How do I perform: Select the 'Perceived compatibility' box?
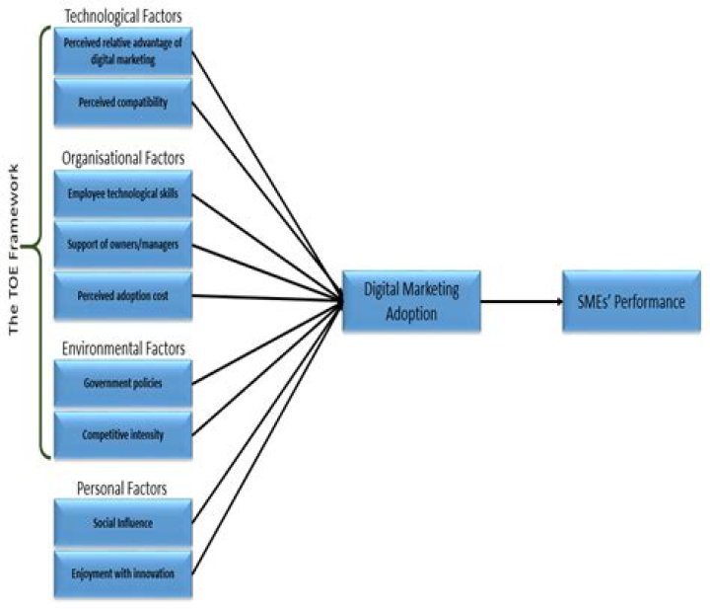tap(123, 103)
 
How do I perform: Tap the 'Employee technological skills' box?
tap(123, 195)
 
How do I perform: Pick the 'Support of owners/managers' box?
tap(123, 244)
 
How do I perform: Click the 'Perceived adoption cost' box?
tap(123, 296)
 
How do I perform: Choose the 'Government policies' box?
tap(123, 384)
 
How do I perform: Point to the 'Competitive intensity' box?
tap(123, 433)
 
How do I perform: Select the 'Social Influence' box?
tap(123, 523)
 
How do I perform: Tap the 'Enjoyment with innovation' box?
tap(123, 572)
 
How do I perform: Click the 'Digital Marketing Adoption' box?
tap(411, 301)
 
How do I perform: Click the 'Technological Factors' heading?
tap(123, 16)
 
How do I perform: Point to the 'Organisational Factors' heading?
tap(123, 158)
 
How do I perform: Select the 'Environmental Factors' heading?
tap(123, 348)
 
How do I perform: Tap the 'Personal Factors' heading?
tap(123, 488)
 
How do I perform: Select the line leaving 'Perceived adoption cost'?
tap(266, 298)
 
